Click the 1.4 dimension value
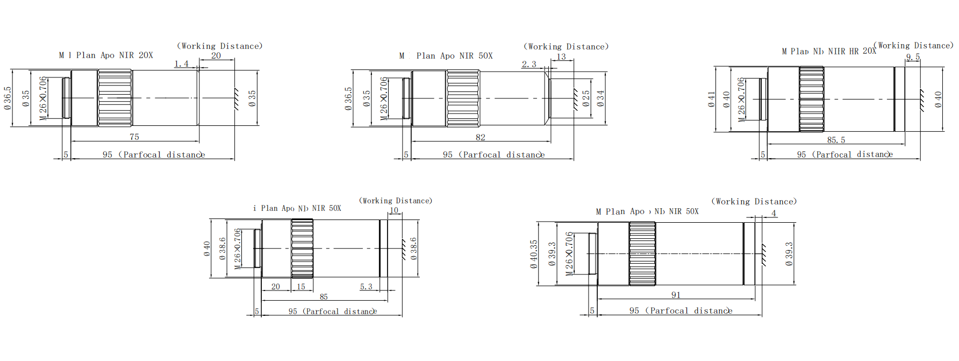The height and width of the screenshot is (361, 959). click(x=182, y=64)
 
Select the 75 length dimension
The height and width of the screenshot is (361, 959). click(x=134, y=137)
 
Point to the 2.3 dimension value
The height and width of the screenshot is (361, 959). click(x=529, y=65)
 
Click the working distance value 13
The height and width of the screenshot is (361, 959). click(x=561, y=56)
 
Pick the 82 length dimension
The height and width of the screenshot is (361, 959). click(x=481, y=137)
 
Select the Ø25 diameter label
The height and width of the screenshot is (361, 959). click(x=586, y=97)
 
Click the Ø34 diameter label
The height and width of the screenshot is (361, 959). click(x=600, y=97)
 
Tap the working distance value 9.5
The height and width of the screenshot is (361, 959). click(x=913, y=56)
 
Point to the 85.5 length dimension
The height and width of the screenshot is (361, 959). click(x=836, y=140)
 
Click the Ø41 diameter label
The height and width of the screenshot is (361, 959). click(x=712, y=99)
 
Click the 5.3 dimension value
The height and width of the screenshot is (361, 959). click(x=366, y=287)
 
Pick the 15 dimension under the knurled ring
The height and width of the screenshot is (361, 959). click(x=301, y=287)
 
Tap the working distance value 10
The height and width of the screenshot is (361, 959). click(x=394, y=210)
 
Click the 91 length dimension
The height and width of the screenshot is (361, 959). click(x=676, y=295)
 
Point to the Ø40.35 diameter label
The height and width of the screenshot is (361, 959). click(x=533, y=254)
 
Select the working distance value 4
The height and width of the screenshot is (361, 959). click(x=774, y=213)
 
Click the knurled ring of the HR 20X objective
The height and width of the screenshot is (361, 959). click(x=811, y=99)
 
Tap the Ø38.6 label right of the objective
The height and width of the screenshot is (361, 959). click(x=413, y=249)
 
